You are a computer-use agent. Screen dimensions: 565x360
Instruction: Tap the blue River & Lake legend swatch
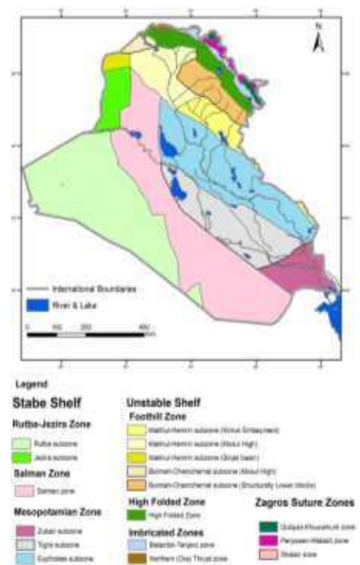(x=37, y=305)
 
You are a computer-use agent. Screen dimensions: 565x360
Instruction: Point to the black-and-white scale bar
(x=86, y=335)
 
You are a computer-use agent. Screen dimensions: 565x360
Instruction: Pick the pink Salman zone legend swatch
(x=24, y=490)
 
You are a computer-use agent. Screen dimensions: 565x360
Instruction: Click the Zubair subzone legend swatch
(x=24, y=531)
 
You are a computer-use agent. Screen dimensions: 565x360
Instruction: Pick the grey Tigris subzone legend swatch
(x=24, y=544)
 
